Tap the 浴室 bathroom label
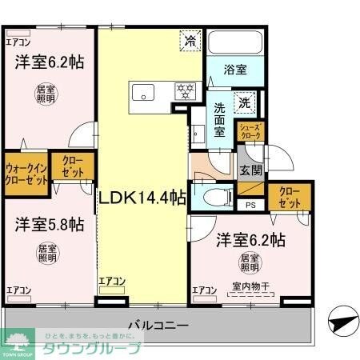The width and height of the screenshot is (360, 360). pos(234,70)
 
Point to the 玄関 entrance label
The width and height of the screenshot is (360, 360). pos(250,170)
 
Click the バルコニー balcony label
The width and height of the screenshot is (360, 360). pos(158,326)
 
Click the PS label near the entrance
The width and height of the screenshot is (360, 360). pos(250,205)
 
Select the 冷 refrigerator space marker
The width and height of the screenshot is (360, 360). pos(190,40)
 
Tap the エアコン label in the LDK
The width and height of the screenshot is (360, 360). pos(112,281)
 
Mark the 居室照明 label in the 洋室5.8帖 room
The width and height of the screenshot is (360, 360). pos(47,254)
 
